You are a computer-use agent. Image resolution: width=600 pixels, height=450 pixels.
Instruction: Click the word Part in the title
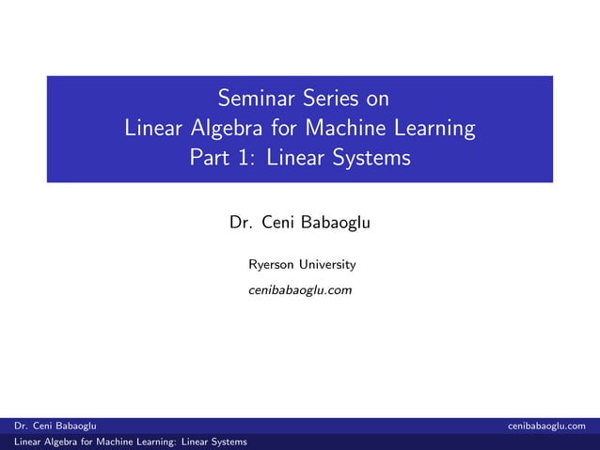[x=212, y=158]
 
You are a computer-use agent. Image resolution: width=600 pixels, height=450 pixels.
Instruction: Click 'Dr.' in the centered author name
[x=241, y=224]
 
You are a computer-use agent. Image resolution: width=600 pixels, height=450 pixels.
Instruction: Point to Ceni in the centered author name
[x=279, y=224]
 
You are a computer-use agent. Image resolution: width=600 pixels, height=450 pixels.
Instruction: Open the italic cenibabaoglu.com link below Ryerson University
[x=300, y=291]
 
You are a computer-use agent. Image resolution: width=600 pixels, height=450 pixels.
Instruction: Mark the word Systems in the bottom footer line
[x=226, y=442]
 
